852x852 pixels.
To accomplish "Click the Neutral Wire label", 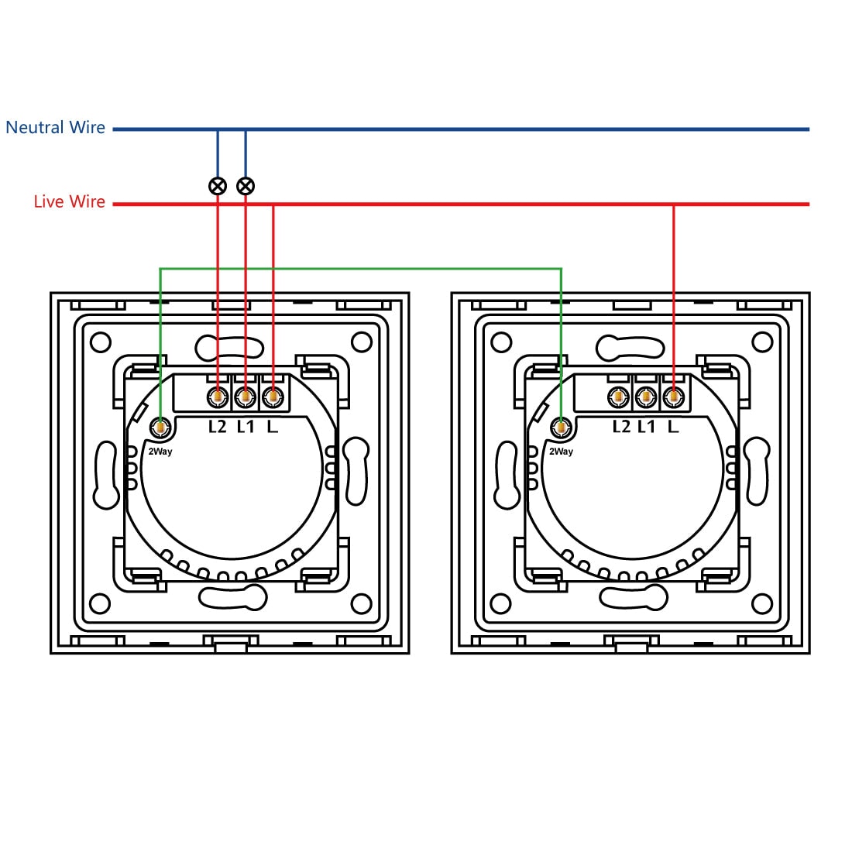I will (x=55, y=128).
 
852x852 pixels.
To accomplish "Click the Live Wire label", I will (x=69, y=202).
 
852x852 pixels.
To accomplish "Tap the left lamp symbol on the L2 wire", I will (x=218, y=186).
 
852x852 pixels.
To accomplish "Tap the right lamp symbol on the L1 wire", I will (x=246, y=186).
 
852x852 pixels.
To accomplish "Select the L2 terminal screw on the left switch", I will (x=218, y=397).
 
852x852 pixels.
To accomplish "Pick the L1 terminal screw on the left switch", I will (x=245, y=397).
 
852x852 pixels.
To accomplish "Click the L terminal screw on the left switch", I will (x=272, y=397).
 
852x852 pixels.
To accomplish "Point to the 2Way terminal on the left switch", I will (x=160, y=427).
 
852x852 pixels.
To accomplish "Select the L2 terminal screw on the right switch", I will (x=618, y=397).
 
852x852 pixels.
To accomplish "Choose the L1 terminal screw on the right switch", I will (x=645, y=397).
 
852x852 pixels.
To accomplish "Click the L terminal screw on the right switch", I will (x=673, y=397).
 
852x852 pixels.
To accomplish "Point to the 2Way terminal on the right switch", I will (x=561, y=427).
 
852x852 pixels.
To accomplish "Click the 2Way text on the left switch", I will (x=160, y=452).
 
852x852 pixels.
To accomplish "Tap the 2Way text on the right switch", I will (x=561, y=452).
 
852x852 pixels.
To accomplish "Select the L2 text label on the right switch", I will (x=621, y=427).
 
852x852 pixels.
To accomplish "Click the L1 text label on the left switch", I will (x=246, y=427).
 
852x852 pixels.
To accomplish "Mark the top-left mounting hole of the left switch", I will (x=100, y=342).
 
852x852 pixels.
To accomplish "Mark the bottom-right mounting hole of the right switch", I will (x=762, y=603).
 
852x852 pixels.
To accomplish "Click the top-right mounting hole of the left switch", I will (x=362, y=342).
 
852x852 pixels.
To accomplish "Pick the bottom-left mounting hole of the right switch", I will (x=500, y=603).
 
